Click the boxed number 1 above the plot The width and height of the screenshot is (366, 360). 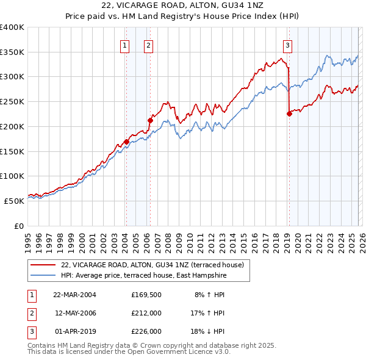124,45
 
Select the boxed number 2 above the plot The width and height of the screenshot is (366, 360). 148,45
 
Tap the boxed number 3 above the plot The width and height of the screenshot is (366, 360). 287,45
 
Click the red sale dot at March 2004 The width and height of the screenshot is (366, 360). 126,142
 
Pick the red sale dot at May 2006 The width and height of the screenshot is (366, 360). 150,121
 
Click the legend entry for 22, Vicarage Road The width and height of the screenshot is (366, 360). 152,265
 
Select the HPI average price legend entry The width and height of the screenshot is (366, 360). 143,276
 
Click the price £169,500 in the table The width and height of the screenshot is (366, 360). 146,294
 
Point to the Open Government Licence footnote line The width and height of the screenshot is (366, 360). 129,352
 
